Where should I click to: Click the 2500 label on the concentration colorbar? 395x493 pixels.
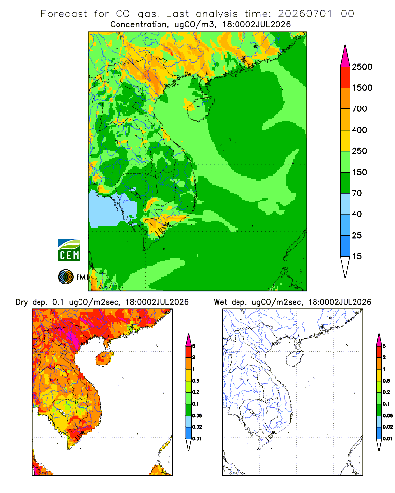362,67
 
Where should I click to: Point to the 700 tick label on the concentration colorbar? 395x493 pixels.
359,109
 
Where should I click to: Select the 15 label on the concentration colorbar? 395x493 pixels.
357,256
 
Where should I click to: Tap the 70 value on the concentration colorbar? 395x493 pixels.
357,193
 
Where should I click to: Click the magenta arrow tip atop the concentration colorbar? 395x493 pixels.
345,56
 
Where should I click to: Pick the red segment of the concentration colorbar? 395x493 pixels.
345,77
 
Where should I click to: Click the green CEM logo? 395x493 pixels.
69,250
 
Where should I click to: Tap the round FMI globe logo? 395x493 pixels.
66,277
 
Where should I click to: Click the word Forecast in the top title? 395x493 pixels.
64,14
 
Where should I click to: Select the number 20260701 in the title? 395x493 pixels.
305,14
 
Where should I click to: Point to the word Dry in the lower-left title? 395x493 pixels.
22,302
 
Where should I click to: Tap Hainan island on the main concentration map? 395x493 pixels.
200,108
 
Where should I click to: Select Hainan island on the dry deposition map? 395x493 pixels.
104,358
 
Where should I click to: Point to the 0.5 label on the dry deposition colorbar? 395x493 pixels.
196,381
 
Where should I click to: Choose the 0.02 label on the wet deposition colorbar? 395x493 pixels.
388,427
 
